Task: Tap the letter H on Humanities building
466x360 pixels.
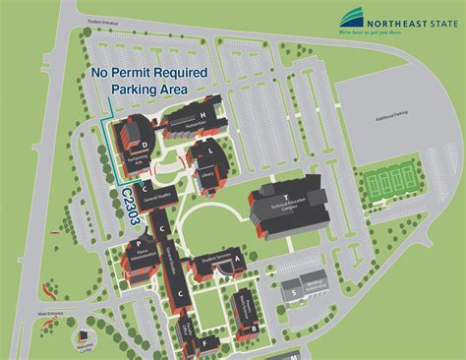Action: (x=203, y=117)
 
